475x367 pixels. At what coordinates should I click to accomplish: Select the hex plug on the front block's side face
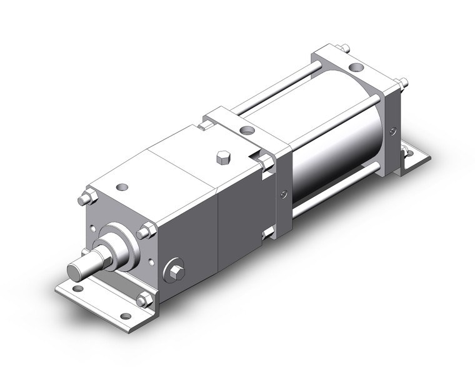point(176,271)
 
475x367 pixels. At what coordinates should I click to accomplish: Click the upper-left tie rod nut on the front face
point(86,199)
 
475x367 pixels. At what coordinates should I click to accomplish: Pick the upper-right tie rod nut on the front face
point(147,232)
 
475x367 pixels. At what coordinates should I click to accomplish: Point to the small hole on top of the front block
point(122,186)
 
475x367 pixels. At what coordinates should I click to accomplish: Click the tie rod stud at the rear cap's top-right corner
point(402,81)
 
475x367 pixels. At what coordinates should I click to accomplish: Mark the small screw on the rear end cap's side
point(392,131)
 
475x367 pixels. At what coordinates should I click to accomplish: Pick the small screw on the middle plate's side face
point(284,194)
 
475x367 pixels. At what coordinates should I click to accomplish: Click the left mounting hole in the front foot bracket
point(77,289)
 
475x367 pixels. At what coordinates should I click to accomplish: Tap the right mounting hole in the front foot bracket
point(125,316)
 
